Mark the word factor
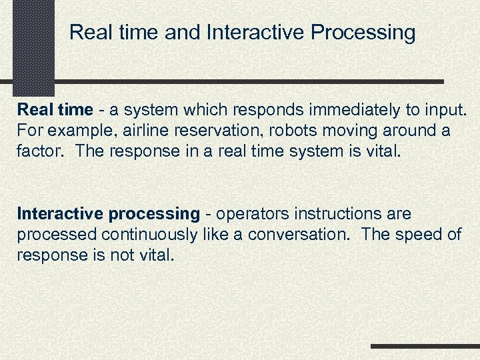(40, 151)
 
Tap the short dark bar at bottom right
(425, 346)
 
